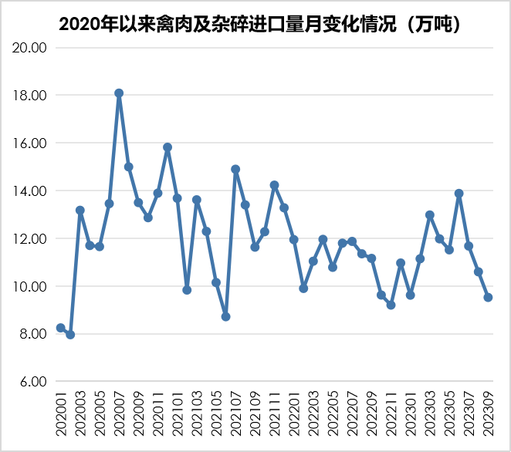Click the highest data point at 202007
pyautogui.click(x=119, y=93)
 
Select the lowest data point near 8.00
pyautogui.click(x=70, y=335)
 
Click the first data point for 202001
pyautogui.click(x=60, y=328)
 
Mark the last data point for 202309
pyautogui.click(x=488, y=297)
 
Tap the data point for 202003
pyautogui.click(x=80, y=210)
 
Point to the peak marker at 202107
pyautogui.click(x=235, y=169)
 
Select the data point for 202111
pyautogui.click(x=274, y=185)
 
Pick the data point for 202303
pyautogui.click(x=429, y=215)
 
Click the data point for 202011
pyautogui.click(x=157, y=193)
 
